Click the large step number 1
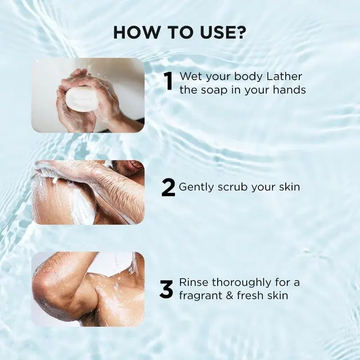(x=169, y=81)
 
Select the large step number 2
(x=168, y=188)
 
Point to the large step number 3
(x=166, y=290)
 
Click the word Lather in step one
(x=284, y=76)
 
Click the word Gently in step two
(x=196, y=187)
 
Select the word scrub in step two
(x=232, y=187)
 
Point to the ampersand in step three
(x=229, y=295)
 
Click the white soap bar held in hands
(x=79, y=99)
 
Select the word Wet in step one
(x=191, y=76)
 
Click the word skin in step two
(x=290, y=187)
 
